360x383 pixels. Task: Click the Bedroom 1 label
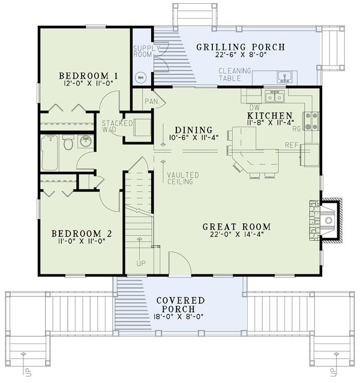click(88, 76)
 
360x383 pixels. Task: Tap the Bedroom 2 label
click(82, 234)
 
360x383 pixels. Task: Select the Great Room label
click(237, 227)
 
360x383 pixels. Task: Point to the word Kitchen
click(270, 115)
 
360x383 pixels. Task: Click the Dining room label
click(194, 130)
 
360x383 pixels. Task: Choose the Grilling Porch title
click(241, 47)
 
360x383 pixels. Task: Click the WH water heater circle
click(140, 77)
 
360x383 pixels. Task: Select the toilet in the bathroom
click(68, 143)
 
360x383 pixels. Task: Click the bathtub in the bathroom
click(50, 153)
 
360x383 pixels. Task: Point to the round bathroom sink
click(85, 142)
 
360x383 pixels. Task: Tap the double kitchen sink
click(275, 97)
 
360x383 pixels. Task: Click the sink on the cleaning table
click(284, 77)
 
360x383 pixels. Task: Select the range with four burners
click(311, 121)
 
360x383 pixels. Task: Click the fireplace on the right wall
click(326, 220)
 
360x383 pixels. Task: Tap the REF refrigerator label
click(292, 145)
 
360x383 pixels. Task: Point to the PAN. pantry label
click(151, 101)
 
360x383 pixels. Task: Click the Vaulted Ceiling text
click(183, 178)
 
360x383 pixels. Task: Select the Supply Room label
click(146, 51)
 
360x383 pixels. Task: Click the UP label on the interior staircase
click(141, 264)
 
